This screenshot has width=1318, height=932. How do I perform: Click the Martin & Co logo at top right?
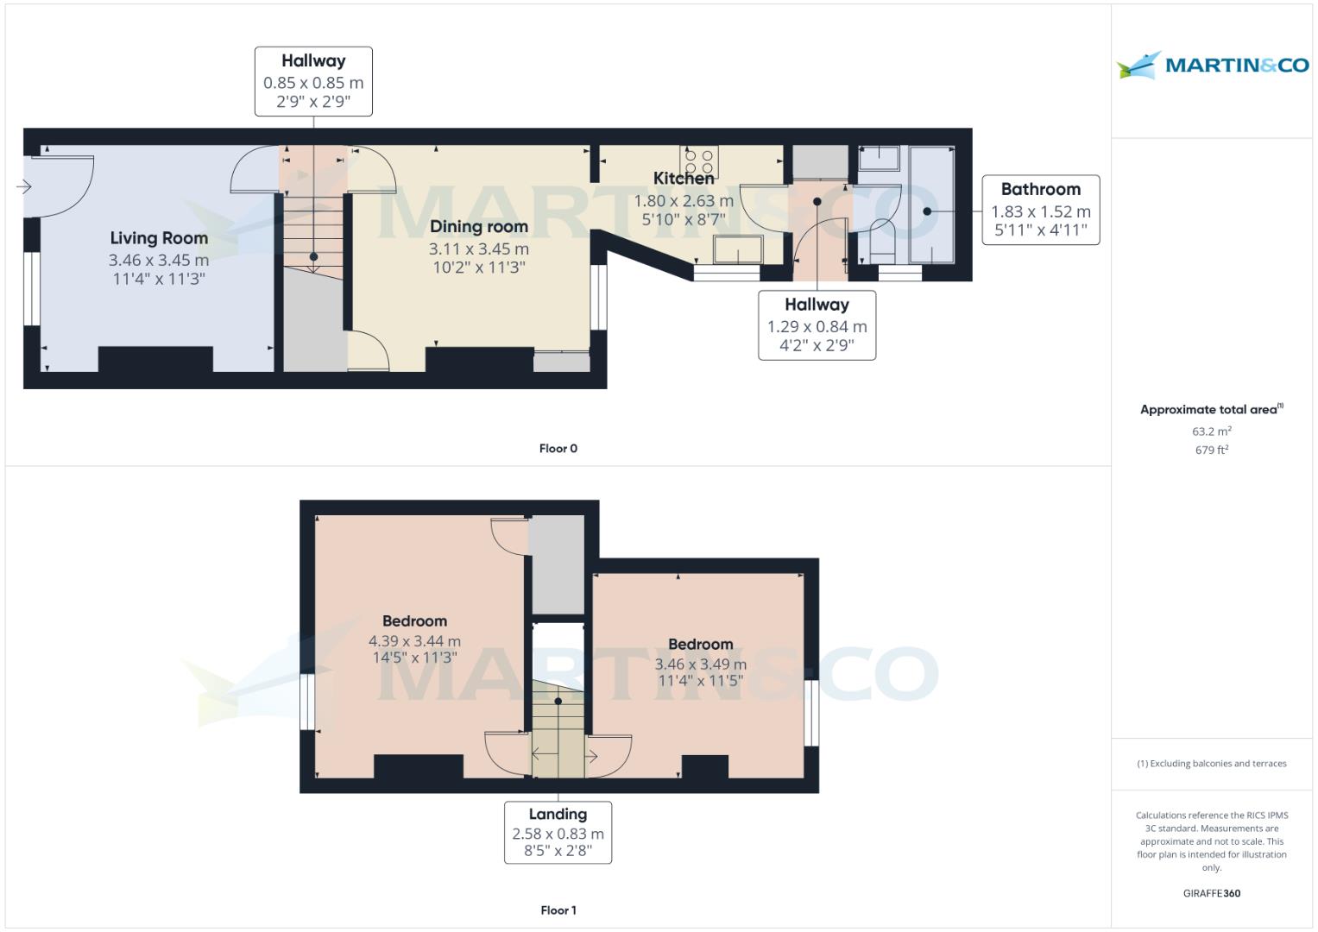tap(1212, 66)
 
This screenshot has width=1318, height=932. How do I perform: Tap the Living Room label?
tap(159, 238)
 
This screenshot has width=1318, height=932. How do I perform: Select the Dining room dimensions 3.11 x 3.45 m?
tap(479, 249)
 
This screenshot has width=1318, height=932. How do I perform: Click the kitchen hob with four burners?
tap(699, 161)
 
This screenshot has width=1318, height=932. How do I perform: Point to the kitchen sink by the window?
tap(738, 250)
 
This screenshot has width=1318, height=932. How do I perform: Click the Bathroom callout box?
tap(1040, 210)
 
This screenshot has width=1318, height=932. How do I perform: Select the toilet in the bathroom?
tap(881, 241)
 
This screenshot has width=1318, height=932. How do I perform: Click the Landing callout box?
tap(558, 832)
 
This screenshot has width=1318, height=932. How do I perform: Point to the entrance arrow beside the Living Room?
tap(23, 186)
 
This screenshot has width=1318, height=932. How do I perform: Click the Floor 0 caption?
tap(558, 449)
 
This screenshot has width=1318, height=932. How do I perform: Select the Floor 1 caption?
tap(558, 910)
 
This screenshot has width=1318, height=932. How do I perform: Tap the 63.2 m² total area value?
tap(1211, 431)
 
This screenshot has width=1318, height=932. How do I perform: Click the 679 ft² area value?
tap(1211, 450)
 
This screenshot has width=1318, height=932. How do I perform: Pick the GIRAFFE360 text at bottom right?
tap(1211, 894)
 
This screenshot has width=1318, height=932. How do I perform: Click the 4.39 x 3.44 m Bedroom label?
tap(414, 641)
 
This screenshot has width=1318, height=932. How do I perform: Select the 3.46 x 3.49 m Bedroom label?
tap(700, 664)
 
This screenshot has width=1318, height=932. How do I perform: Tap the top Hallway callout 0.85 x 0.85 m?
tap(313, 81)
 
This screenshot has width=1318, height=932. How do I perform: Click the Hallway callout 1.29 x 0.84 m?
tap(817, 325)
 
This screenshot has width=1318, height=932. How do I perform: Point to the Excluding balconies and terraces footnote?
tap(1211, 764)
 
